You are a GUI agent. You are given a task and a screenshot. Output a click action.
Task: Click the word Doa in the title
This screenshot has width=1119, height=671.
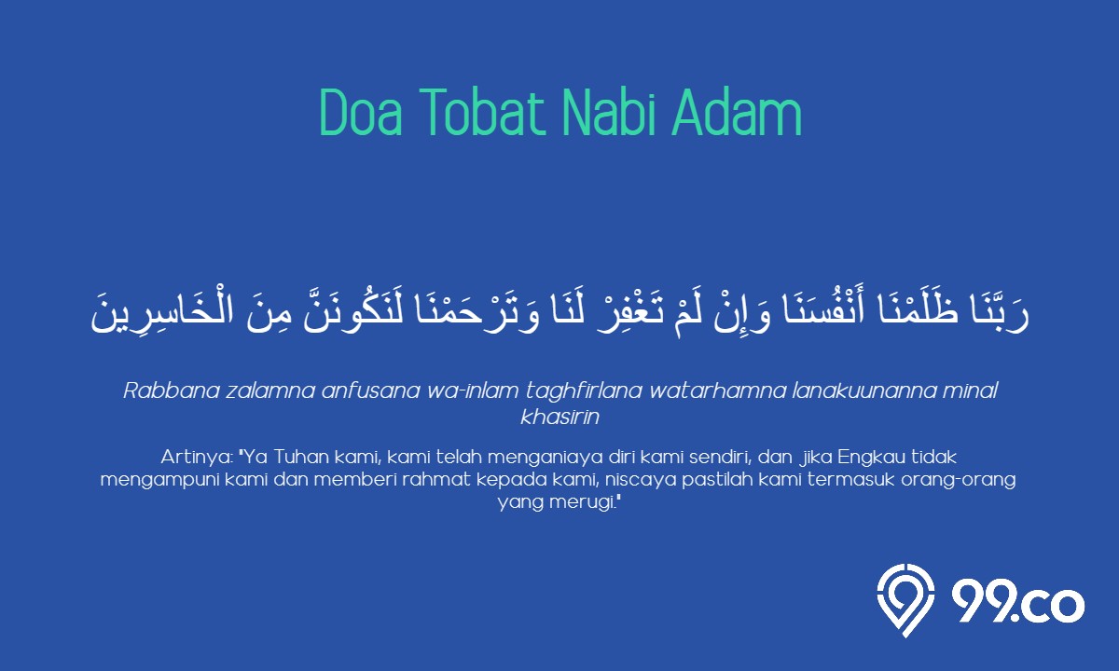point(361,112)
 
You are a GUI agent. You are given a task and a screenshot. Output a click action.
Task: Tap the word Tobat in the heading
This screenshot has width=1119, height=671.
point(482,112)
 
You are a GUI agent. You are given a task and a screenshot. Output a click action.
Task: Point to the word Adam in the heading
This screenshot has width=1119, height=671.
point(737,112)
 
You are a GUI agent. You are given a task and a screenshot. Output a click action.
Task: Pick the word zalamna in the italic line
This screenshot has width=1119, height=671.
point(270,390)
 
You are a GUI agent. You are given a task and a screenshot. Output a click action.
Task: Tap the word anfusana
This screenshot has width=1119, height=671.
point(371,390)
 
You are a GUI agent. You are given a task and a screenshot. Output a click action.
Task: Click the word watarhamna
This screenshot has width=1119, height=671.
point(717,390)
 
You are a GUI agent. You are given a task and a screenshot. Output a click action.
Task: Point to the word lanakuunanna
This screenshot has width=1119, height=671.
point(864,390)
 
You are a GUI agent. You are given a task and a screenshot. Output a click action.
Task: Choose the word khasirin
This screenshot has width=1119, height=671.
point(560,417)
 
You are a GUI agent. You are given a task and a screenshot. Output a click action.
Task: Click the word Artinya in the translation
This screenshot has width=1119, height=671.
point(195,458)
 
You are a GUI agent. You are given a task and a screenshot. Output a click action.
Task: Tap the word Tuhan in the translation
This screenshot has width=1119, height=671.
point(300,457)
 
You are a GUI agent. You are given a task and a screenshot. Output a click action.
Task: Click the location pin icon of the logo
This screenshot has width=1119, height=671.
point(905,600)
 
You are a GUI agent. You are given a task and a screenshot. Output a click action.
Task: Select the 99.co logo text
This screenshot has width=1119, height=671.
point(1018,604)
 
